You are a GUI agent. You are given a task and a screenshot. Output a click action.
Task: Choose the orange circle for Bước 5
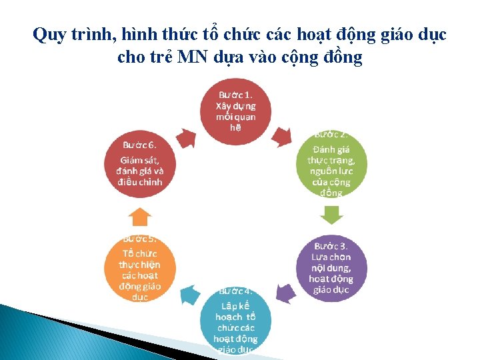point(140,267)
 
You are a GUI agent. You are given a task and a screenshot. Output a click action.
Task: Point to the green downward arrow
point(331,215)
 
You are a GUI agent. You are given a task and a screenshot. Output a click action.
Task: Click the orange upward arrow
point(140,217)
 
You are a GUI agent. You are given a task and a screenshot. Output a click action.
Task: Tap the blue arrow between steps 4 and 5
point(189,294)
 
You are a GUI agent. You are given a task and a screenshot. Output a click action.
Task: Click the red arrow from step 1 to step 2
point(283,136)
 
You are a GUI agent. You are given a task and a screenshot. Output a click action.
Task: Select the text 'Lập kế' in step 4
point(236,305)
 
